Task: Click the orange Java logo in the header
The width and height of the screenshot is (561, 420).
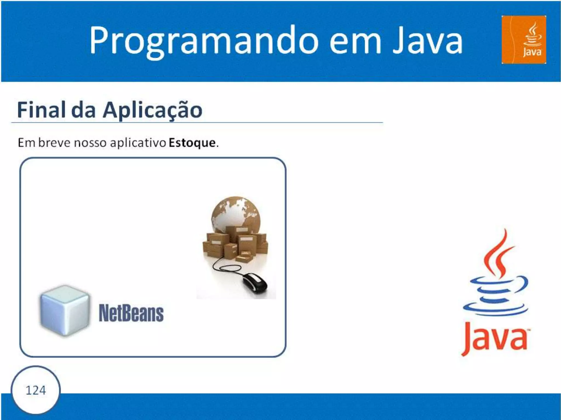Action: tap(523, 40)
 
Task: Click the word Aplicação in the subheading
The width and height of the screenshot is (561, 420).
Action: tap(152, 110)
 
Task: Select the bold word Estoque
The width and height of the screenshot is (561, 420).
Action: tap(192, 143)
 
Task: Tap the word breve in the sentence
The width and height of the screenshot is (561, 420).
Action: tap(54, 143)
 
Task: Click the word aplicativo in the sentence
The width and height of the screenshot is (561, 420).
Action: tap(138, 143)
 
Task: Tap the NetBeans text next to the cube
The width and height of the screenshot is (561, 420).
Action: tap(131, 313)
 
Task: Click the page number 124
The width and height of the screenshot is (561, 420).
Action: tap(36, 390)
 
